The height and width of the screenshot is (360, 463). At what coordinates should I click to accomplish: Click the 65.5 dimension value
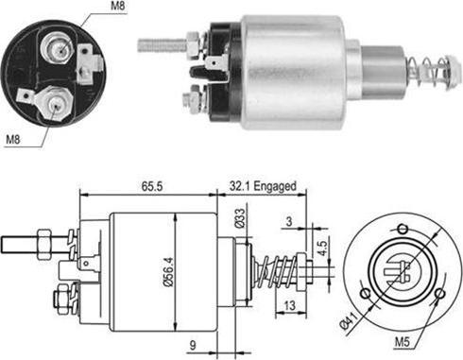(x=152, y=186)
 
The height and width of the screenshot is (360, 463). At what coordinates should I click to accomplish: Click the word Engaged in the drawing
(x=275, y=186)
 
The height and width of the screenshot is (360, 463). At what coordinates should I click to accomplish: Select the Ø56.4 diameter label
(x=169, y=272)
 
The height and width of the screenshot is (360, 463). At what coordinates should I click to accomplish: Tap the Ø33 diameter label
(x=240, y=217)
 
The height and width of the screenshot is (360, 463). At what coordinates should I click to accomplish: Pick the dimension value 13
(x=290, y=305)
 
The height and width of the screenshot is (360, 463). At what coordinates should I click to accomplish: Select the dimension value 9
(x=193, y=345)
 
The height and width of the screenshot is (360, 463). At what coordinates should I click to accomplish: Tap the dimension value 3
(x=289, y=221)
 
